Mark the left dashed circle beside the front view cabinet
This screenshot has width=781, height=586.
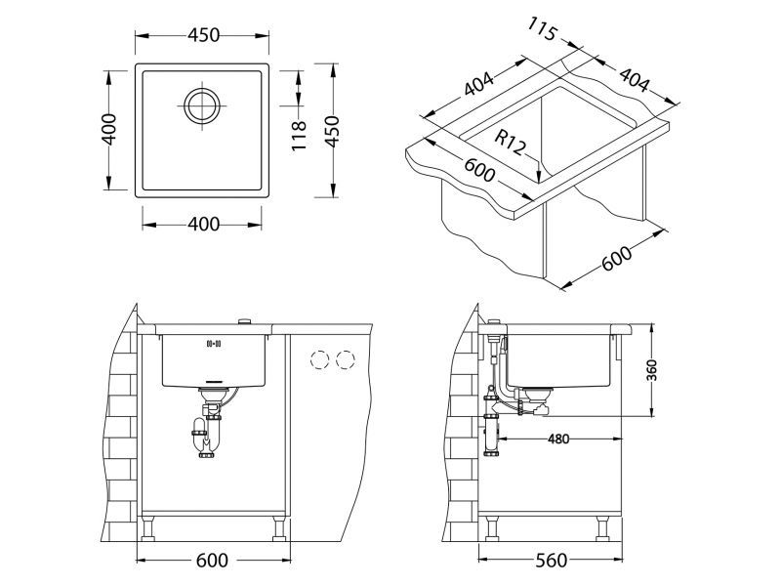(x=319, y=360)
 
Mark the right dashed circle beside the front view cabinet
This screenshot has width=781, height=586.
(x=345, y=360)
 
